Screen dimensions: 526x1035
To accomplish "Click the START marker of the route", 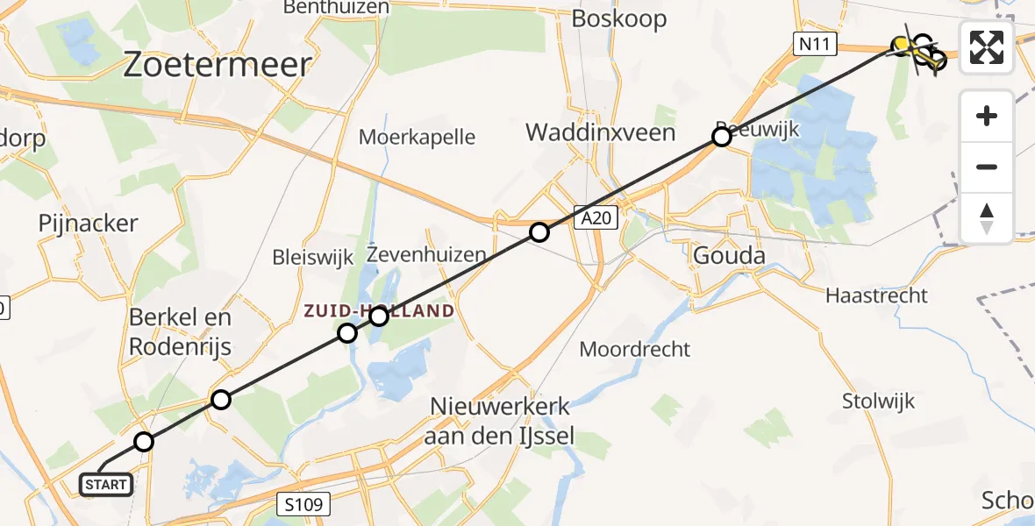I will pyautogui.click(x=107, y=484).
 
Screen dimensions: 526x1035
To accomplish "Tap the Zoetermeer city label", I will pyautogui.click(x=218, y=65).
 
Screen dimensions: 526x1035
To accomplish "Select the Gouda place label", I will pyautogui.click(x=729, y=255).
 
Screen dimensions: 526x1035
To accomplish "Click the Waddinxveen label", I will pyautogui.click(x=601, y=132).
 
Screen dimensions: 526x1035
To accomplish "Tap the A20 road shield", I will pyautogui.click(x=597, y=217).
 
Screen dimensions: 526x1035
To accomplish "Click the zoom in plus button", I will pyautogui.click(x=987, y=116).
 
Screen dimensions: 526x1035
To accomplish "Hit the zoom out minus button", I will pyautogui.click(x=987, y=167).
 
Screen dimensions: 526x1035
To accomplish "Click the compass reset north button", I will pyautogui.click(x=987, y=217).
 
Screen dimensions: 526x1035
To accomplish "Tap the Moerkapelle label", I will pyautogui.click(x=418, y=137).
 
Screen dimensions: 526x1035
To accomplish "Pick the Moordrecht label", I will pyautogui.click(x=635, y=349).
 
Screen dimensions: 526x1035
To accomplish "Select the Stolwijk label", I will pyautogui.click(x=878, y=402).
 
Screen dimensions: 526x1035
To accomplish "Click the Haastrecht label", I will pyautogui.click(x=876, y=295).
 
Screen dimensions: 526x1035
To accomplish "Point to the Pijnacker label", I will pyautogui.click(x=88, y=224).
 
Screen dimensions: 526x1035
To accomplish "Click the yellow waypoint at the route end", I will pyautogui.click(x=901, y=44).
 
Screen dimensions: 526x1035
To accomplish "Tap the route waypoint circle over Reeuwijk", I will pyautogui.click(x=722, y=137).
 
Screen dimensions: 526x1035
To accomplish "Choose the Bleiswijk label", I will pyautogui.click(x=312, y=258).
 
